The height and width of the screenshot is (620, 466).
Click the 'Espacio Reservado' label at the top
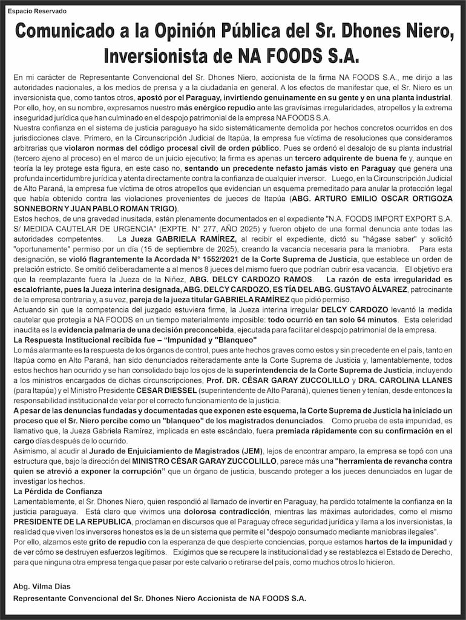point(37,12)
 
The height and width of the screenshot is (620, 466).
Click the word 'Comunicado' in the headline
point(67,31)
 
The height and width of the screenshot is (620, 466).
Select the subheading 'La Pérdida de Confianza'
point(57,491)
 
